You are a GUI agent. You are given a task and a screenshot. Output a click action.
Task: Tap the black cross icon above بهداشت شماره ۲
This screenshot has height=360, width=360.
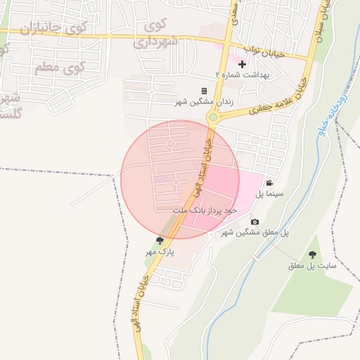coord(242,64)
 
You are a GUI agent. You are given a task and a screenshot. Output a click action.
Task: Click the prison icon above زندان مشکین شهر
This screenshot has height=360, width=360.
coord(205,91)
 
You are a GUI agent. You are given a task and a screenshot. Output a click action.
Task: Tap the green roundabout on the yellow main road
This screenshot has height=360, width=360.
coord(212,117)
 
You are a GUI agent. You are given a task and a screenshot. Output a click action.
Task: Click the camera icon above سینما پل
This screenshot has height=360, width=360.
coord(269,183)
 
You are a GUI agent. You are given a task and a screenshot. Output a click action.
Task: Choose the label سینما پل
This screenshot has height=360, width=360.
coord(269,193)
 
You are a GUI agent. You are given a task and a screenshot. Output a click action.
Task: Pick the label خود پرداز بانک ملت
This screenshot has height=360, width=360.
coord(205,210)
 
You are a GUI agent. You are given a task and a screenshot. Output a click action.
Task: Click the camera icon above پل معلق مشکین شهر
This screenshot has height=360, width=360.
coord(255,222)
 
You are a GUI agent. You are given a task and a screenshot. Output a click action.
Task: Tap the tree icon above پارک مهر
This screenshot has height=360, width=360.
coord(160,240)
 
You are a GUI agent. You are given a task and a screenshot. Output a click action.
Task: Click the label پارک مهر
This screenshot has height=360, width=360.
coord(160,251)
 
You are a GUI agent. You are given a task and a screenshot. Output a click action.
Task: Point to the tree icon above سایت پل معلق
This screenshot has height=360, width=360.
coord(312,255)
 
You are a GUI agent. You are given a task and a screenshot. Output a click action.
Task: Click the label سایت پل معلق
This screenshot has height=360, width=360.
coord(312,266)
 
